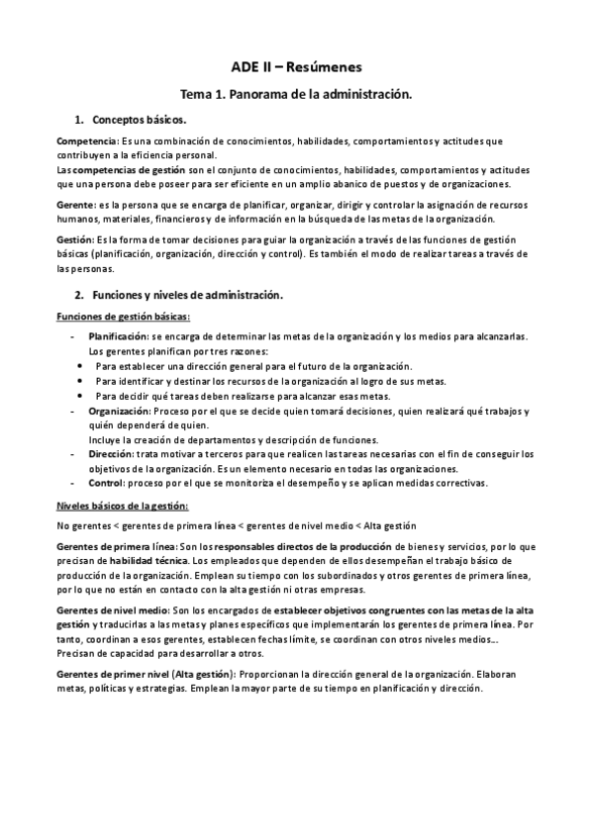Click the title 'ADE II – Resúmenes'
(x=296, y=67)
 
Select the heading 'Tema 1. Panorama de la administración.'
(x=296, y=95)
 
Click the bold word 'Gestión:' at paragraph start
(x=76, y=239)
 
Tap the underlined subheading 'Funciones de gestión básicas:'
(x=123, y=317)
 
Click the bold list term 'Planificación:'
(x=119, y=337)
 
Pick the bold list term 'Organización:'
(x=119, y=410)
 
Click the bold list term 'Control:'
(x=106, y=483)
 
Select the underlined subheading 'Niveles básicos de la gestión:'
(x=123, y=506)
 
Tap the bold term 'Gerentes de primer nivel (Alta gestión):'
(x=144, y=674)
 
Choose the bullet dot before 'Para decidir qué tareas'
(x=81, y=396)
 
